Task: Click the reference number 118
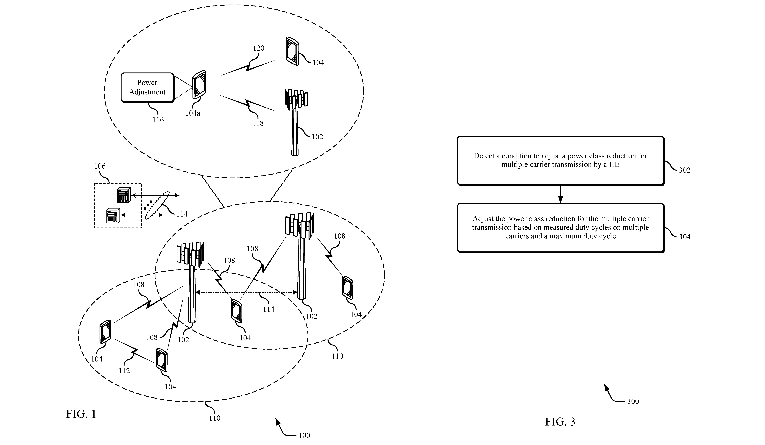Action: click(x=258, y=123)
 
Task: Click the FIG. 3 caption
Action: click(x=560, y=422)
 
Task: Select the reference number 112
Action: click(x=124, y=370)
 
